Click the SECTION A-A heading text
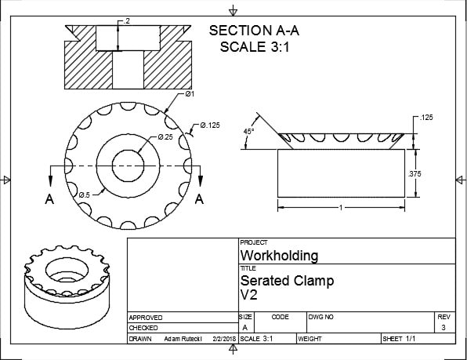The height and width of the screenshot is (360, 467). tap(255, 31)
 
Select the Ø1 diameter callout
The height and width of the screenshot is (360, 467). tap(190, 94)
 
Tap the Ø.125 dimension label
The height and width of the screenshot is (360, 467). tap(211, 125)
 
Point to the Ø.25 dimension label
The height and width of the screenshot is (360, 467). tap(165, 136)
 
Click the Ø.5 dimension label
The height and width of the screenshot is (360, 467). tap(85, 194)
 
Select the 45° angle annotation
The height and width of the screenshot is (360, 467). tap(248, 132)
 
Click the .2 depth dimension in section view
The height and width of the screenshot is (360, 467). tap(127, 20)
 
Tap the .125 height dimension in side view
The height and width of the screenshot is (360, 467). tap(426, 118)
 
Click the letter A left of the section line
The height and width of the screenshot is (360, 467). tap(49, 199)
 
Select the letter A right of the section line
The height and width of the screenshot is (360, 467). tap(200, 199)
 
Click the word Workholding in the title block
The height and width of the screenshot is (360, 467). tap(279, 256)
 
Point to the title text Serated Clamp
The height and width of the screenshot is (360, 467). tap(287, 280)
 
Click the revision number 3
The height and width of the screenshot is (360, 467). tap(445, 328)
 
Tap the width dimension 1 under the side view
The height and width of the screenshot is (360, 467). tap(340, 207)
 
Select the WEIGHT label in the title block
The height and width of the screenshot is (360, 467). tap(310, 339)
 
